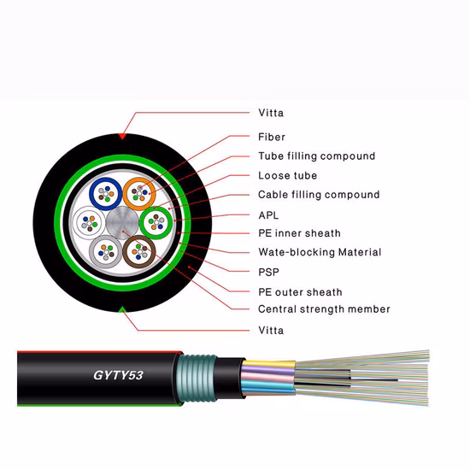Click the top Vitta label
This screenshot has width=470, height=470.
[271, 113]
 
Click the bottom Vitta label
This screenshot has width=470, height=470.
[271, 330]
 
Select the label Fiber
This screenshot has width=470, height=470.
[272, 137]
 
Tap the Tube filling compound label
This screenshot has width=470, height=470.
[316, 156]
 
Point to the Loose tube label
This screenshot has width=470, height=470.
[287, 176]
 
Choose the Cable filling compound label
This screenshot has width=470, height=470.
[319, 195]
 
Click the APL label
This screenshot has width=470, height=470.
[268, 215]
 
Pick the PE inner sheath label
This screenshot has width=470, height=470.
[299, 233]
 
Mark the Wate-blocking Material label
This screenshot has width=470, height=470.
[320, 253]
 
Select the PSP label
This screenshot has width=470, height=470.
[269, 273]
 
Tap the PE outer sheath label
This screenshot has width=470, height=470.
[299, 292]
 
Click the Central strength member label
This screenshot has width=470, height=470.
[324, 309]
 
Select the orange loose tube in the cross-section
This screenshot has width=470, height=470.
[138, 193]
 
